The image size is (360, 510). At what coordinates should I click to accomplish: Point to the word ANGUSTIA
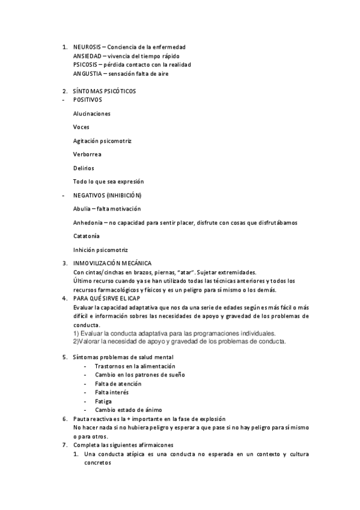[87, 73]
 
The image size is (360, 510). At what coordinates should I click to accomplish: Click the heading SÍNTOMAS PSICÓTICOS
[104, 91]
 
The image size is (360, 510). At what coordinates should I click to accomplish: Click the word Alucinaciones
[91, 113]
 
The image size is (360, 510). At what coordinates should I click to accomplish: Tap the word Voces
[81, 127]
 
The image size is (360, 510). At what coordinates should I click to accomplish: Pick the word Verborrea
[87, 154]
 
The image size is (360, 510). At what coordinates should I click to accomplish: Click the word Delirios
[84, 168]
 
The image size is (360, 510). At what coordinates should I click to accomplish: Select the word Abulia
[82, 209]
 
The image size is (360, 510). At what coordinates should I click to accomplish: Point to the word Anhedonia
[88, 223]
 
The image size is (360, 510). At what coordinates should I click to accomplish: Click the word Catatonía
[87, 236]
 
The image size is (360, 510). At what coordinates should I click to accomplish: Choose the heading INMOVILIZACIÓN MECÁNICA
[112, 263]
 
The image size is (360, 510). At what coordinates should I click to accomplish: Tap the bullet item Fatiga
[103, 401]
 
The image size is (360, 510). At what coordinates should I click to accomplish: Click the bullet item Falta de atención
[118, 384]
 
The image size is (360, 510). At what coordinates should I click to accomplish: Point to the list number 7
[64, 444]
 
